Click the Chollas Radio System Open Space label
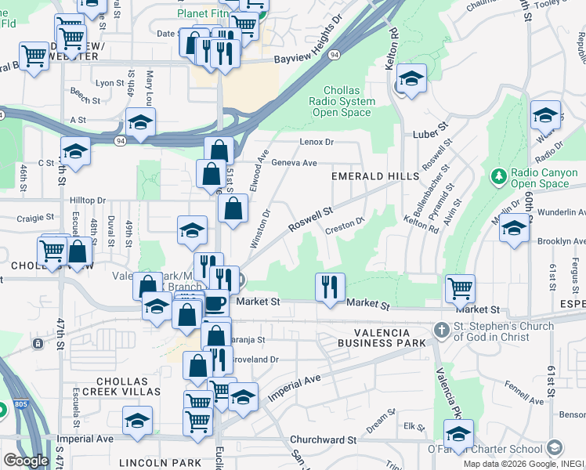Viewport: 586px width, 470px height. [342, 101]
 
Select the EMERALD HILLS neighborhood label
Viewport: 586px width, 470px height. [375, 176]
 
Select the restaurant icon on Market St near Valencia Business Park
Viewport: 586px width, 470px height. [330, 287]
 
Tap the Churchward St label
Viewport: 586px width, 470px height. [323, 440]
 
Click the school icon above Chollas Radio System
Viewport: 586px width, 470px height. [411, 78]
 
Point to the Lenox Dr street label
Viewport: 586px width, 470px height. [317, 142]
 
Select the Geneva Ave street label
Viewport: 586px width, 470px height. [294, 163]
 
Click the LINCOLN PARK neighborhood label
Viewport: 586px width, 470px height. [160, 463]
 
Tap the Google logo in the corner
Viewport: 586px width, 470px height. [25, 461]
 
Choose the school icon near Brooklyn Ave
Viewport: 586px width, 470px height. [514, 229]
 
